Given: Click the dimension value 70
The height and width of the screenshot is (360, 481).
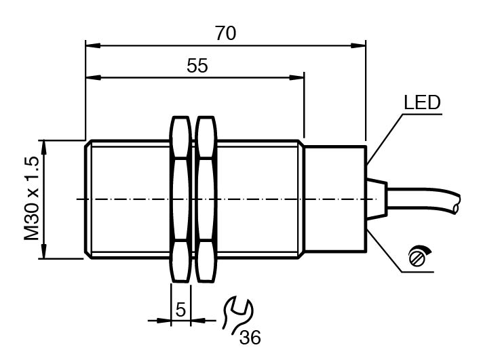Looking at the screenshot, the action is point(225,33).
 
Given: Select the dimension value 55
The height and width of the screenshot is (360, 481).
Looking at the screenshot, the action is point(197,65).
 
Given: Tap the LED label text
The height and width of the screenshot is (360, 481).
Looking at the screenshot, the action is point(422,102).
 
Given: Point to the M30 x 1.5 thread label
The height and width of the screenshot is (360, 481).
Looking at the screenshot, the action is point(32,199).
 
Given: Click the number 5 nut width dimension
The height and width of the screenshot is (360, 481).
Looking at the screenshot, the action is point(180,309).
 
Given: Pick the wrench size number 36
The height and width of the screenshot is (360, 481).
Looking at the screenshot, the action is point(250,338).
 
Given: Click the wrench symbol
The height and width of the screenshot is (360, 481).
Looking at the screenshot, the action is point(237,315).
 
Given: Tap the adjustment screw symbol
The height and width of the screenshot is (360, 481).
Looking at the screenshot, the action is point(419,256).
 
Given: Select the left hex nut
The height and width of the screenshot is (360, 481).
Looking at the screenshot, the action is point(181,199).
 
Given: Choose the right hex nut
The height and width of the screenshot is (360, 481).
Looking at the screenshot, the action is point(206,199).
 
